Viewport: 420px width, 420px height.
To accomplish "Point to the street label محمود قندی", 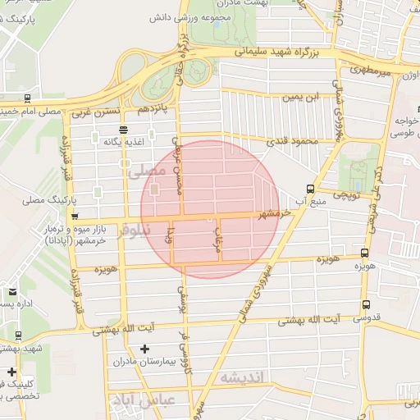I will coord(292,141).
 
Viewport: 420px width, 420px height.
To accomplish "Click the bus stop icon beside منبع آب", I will coord(310,187).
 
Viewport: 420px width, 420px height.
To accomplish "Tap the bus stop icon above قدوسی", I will coord(365,304).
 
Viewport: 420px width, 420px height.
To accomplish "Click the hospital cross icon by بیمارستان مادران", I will coord(145,349).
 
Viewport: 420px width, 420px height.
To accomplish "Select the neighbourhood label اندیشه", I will coord(243,377).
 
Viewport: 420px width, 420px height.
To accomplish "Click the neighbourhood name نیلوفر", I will coord(135,231).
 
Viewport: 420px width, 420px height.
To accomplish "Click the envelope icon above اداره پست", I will coord(11,291).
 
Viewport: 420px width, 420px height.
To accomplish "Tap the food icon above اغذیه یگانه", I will coord(123,129).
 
